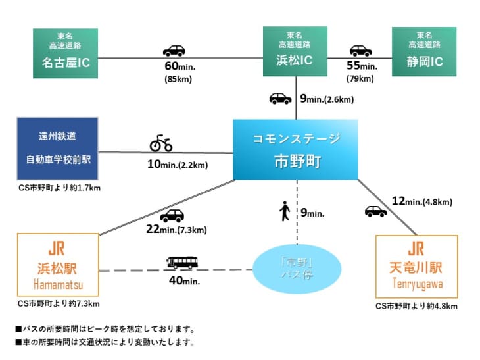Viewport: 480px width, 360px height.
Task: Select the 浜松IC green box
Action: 295,51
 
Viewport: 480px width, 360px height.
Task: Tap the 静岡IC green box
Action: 423,51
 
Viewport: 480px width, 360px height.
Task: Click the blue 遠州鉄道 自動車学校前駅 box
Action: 57,148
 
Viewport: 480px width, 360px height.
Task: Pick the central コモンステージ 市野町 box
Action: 296,149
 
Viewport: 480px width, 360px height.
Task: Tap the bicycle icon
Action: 161,143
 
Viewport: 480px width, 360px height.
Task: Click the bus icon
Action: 182,263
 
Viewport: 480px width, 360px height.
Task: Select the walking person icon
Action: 285,212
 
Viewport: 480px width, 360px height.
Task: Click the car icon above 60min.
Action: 174,51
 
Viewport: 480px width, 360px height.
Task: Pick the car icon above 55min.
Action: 360,51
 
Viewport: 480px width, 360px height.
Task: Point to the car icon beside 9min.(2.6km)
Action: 280,99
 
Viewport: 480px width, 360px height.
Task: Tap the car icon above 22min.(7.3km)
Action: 172,216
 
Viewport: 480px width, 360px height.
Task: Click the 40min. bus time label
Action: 183,280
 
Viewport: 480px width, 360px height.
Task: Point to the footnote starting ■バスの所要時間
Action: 105,329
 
